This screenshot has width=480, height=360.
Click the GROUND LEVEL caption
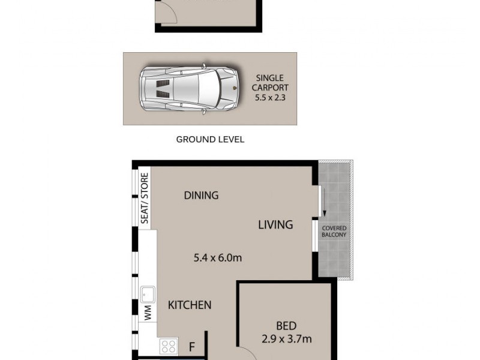tap(210, 140)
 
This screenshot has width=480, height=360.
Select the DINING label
tap(201, 195)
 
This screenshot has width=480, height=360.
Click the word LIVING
tap(275, 225)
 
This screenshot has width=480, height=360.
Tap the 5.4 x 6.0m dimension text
tap(217, 259)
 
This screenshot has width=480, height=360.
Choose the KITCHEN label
tap(189, 305)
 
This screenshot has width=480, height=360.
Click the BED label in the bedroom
tap(286, 326)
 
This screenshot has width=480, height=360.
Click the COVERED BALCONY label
tap(335, 232)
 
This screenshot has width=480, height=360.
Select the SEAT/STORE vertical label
tap(145, 199)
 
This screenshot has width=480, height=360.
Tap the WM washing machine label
tap(147, 312)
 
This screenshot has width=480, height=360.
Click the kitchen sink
tap(148, 295)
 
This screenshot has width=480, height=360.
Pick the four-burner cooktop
tap(169, 346)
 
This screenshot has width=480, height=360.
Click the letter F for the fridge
tap(192, 346)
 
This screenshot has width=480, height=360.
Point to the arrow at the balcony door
tap(323, 211)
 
